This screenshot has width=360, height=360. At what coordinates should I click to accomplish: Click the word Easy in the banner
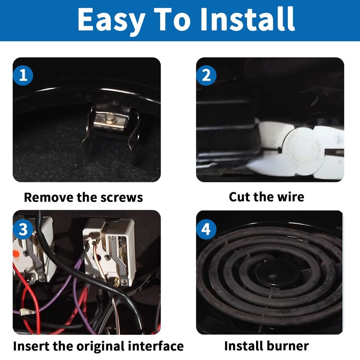[111, 21]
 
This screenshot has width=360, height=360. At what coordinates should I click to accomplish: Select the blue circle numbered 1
[23, 75]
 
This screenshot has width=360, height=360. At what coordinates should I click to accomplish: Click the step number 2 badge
[206, 75]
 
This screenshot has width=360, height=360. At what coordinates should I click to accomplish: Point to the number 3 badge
[23, 229]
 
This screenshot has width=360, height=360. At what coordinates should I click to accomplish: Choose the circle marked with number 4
[206, 229]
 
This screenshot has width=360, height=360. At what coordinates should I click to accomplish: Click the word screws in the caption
[121, 198]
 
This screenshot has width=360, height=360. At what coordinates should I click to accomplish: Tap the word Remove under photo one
[49, 198]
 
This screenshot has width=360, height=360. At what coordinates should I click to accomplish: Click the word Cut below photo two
[239, 197]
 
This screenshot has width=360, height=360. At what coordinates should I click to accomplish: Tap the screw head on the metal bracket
[108, 118]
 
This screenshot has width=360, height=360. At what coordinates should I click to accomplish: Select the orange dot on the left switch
[16, 254]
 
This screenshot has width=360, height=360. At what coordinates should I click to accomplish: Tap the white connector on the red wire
[27, 312]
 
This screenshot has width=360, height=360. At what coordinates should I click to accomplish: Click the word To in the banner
[172, 19]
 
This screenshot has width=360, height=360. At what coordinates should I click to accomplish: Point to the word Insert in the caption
[31, 346]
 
